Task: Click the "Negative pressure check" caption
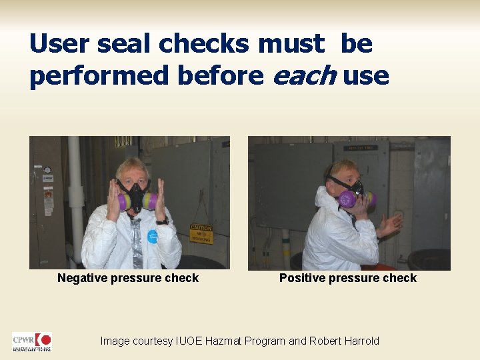click(128, 278)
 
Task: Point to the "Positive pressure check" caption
click(348, 278)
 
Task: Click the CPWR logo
click(31, 342)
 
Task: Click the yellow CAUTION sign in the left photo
click(201, 233)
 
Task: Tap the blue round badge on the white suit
click(153, 237)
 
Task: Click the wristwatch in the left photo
click(161, 221)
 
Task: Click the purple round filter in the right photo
click(347, 199)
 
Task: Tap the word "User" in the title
click(59, 44)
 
